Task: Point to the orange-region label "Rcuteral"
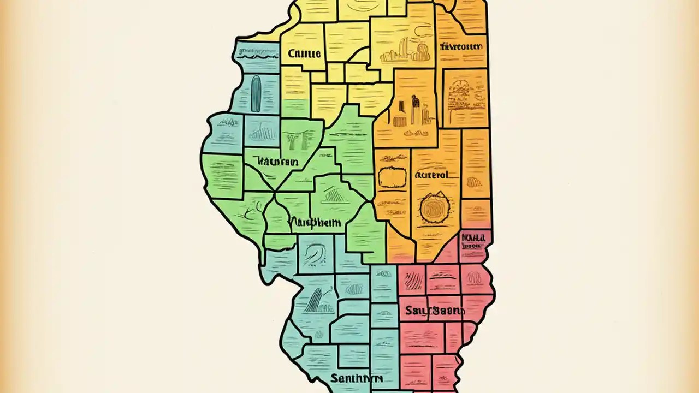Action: (x=431, y=175)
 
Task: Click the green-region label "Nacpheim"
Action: (x=314, y=222)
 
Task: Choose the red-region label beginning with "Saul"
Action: (x=435, y=311)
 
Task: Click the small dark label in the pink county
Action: (x=473, y=241)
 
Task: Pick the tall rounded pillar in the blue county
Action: (x=255, y=94)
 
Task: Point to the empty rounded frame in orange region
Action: (x=392, y=177)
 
